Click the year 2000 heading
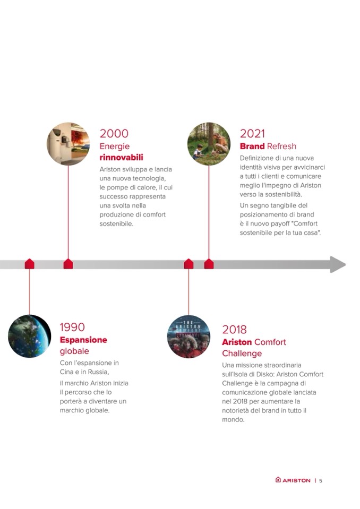coord(114,133)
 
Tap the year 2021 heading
coord(252,133)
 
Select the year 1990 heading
coord(72,327)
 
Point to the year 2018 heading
coord(234,330)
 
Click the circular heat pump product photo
coord(68,144)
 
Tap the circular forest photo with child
coord(209,144)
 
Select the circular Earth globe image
coord(30,336)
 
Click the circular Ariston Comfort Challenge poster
coord(188,337)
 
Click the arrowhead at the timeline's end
coord(338,264)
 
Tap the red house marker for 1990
coord(30,264)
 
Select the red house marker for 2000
coord(68,264)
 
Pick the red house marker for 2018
coord(188,264)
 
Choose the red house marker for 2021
coord(209,264)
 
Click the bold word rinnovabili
coord(121,158)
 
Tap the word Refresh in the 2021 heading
coord(282,146)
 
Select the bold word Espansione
coord(83,340)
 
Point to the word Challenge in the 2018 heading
coord(242,353)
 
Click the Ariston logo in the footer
coord(293,480)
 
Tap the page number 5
coord(321,480)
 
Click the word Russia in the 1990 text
coord(98,372)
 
